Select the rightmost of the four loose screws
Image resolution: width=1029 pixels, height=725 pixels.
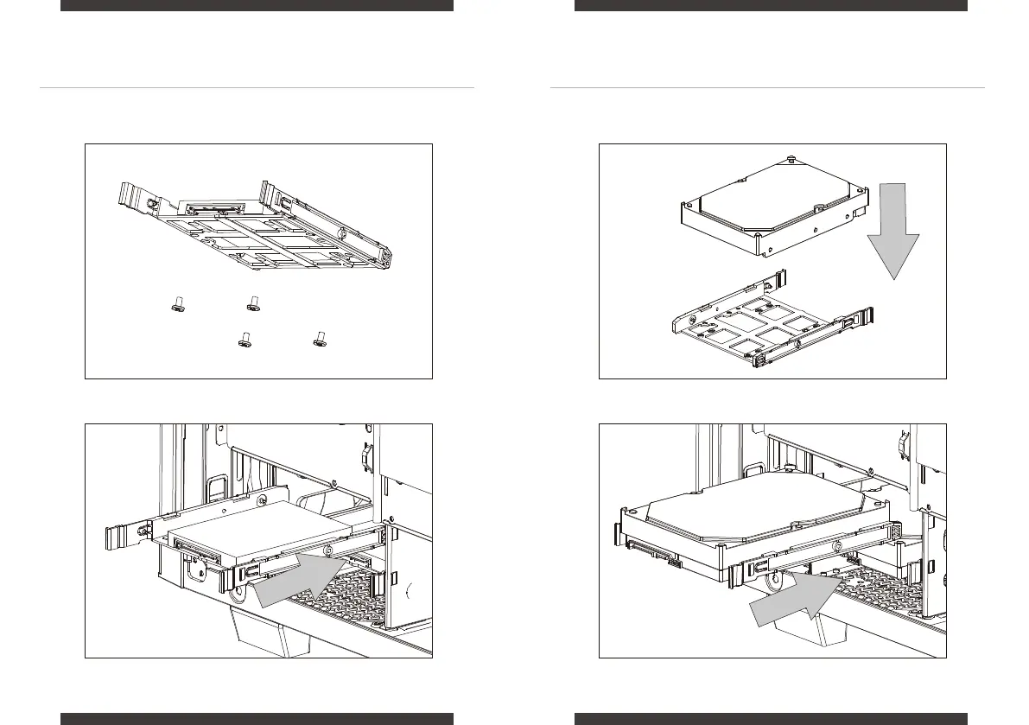(x=320, y=339)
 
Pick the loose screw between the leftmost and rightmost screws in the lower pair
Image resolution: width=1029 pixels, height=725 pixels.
(x=245, y=339)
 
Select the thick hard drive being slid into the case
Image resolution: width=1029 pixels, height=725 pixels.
(x=760, y=518)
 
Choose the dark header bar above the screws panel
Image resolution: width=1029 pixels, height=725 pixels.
(x=257, y=5)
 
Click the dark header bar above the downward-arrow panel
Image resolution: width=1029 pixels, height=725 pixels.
(x=771, y=5)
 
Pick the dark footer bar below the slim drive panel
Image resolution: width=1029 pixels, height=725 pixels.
(x=257, y=718)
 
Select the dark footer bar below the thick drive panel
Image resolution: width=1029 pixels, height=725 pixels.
(x=771, y=718)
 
